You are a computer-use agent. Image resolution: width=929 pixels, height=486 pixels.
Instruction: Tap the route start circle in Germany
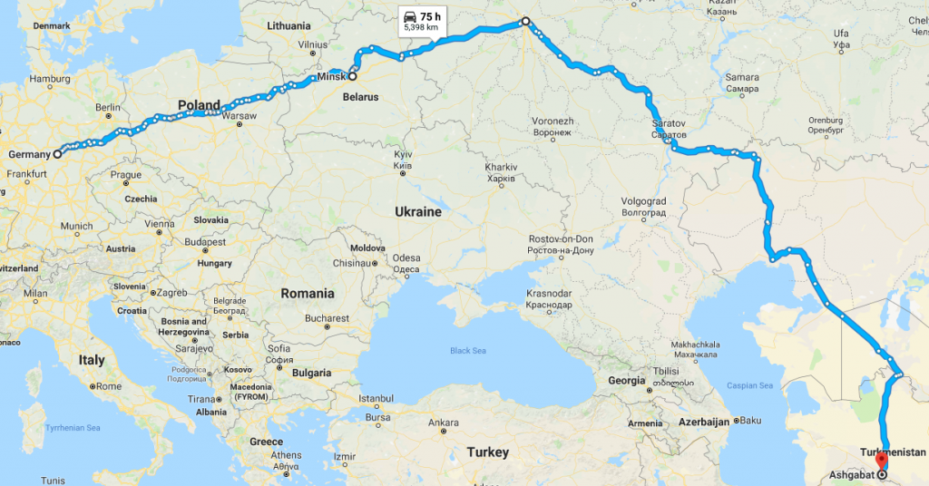coord(57,154)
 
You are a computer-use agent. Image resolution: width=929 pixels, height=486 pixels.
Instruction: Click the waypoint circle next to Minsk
coord(352,77)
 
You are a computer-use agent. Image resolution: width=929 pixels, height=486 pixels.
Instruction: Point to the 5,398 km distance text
coord(422,29)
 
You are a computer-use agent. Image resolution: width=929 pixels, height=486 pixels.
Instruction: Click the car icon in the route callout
coord(410,16)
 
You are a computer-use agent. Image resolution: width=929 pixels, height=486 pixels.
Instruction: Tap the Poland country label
coord(199,105)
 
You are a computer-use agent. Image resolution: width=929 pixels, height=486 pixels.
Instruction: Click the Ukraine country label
coord(417,211)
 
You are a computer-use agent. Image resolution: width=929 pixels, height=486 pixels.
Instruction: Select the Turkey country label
coord(489,452)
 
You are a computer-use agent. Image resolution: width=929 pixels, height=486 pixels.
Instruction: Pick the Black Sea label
coord(468,351)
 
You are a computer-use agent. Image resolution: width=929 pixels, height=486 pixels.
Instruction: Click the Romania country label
coord(308,293)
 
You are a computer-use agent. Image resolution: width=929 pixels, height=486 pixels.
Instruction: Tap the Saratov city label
coord(670,121)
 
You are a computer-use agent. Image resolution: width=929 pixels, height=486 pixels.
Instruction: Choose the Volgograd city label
coord(644,200)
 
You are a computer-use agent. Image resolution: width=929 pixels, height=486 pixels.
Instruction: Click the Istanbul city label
coord(376,398)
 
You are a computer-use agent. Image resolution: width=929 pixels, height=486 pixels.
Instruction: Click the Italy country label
coord(92,360)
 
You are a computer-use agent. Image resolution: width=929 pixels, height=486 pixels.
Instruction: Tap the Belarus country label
coord(362,96)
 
